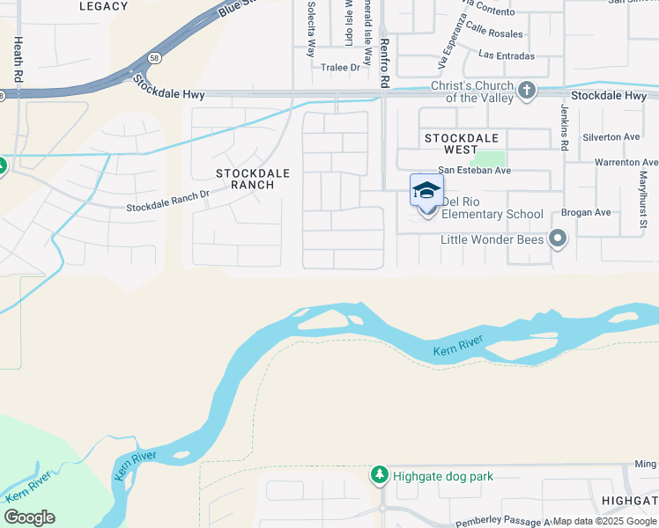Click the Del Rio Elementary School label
(492, 208)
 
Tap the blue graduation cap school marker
(426, 190)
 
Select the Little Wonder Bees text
(492, 238)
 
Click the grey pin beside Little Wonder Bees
(557, 238)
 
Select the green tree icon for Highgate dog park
(380, 475)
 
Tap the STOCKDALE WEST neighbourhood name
(461, 144)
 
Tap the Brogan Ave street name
(589, 213)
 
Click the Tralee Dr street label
(341, 67)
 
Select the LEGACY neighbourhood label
(103, 6)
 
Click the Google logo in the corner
(29, 517)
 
